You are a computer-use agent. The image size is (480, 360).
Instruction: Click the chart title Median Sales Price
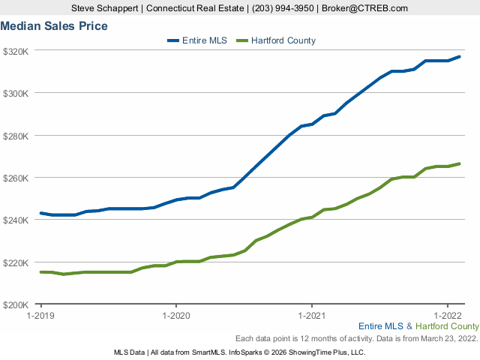[54, 26]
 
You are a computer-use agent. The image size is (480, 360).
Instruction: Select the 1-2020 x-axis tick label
[175, 316]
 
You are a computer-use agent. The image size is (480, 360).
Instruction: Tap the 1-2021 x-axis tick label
[311, 316]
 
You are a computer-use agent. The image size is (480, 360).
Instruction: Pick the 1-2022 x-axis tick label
[447, 316]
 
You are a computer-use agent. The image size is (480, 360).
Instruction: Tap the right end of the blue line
[459, 57]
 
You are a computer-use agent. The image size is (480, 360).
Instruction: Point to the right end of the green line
[459, 163]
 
